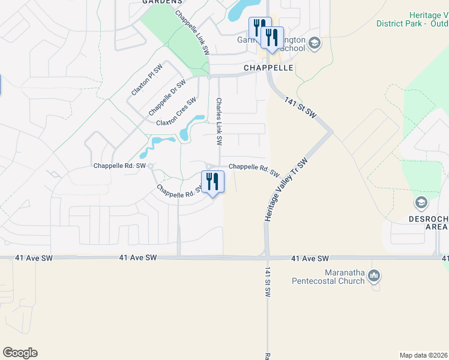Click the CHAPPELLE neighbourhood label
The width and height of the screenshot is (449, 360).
[268, 68]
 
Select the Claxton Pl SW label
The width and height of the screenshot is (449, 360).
[146, 80]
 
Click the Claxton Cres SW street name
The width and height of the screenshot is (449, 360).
[176, 112]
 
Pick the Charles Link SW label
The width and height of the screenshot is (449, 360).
[220, 122]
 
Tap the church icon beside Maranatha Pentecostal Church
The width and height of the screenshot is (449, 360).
[374, 276]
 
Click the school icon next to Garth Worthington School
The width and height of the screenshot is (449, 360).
[315, 43]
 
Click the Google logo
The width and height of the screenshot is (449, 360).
[20, 353]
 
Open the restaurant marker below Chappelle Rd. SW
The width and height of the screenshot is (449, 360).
[212, 182]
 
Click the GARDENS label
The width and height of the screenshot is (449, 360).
[162, 2]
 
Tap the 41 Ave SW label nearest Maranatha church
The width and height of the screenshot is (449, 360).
[310, 258]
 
